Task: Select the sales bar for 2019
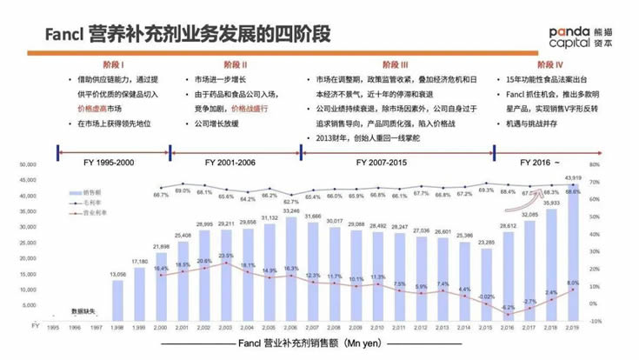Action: click(x=573, y=252)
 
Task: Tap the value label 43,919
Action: click(x=573, y=177)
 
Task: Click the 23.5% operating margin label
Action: click(x=226, y=256)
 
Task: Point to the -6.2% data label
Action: click(x=508, y=307)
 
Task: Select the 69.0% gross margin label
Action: click(x=183, y=190)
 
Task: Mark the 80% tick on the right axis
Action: click(x=596, y=163)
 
